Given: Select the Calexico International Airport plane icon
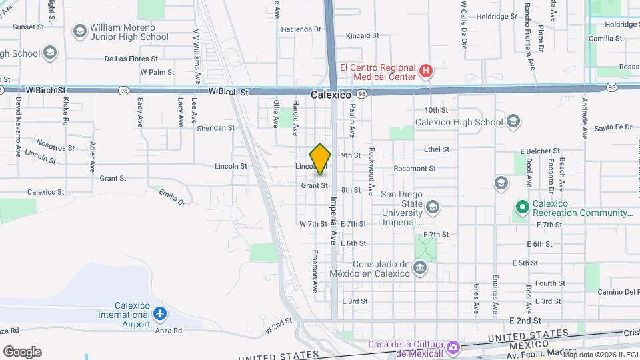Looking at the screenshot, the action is coord(159,313).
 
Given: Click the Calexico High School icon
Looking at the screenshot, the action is coord(513,121).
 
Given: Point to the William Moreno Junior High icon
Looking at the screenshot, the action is coord(80,32).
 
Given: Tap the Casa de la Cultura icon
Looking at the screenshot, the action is coord(453,347).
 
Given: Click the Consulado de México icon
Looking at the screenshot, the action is coord(419,269).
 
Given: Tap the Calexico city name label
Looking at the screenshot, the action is coord(331,95).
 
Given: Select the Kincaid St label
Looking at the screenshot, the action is coord(363,35).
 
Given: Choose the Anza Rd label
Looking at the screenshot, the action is coord(168,330).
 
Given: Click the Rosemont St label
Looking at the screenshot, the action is coord(414,169).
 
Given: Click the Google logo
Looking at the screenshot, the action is coord(22,352).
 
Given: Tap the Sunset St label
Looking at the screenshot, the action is coord(27,27).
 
